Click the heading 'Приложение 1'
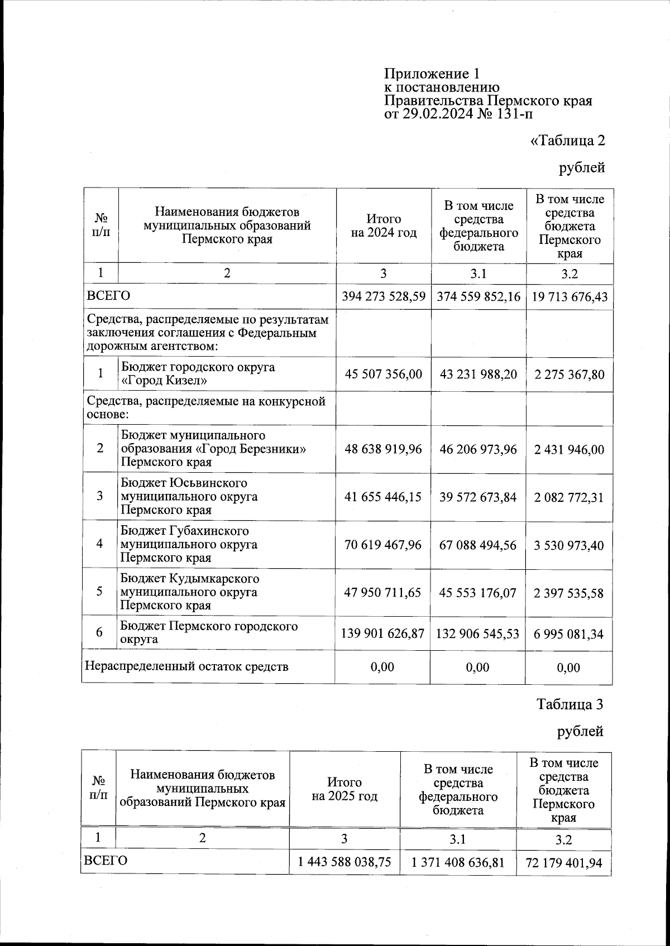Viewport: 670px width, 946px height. (x=432, y=74)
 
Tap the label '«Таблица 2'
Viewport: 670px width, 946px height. (x=567, y=140)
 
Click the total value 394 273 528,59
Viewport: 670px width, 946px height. (x=384, y=296)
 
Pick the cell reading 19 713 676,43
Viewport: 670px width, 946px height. (x=569, y=296)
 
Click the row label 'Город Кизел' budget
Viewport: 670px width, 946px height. (x=198, y=374)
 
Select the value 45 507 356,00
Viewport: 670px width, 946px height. (x=384, y=374)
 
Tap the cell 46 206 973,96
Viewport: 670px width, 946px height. (x=478, y=449)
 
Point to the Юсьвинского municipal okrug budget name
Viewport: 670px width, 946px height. (x=190, y=496)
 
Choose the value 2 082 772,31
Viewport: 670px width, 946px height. (x=569, y=497)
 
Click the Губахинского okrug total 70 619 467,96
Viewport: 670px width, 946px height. (x=384, y=545)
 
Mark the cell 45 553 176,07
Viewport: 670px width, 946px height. (x=478, y=593)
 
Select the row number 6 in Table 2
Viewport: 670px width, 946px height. (x=99, y=632)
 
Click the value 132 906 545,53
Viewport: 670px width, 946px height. (x=478, y=634)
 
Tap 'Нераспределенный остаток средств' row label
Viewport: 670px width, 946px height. (x=186, y=666)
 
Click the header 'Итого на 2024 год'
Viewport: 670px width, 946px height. (x=384, y=226)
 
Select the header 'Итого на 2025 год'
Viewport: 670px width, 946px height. (x=344, y=789)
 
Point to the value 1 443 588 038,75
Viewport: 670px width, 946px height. (x=344, y=862)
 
